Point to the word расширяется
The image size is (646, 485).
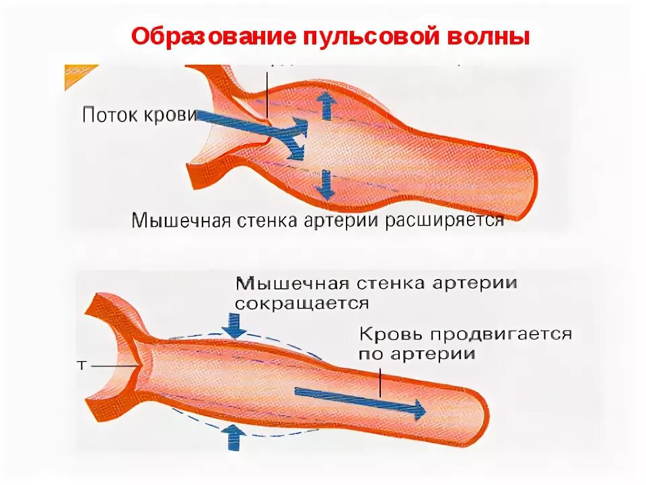(x=445, y=222)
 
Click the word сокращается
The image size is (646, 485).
(x=302, y=302)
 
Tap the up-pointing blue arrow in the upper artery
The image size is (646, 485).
(x=328, y=106)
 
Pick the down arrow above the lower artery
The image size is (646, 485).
(x=235, y=325)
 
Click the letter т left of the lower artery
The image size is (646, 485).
(x=81, y=364)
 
